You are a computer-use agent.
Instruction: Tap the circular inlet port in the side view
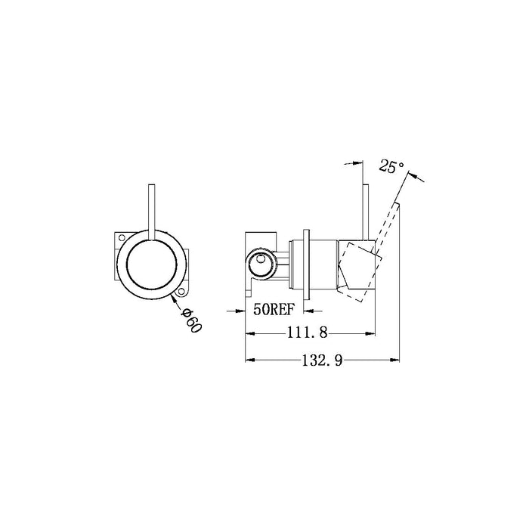click(259, 262)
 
